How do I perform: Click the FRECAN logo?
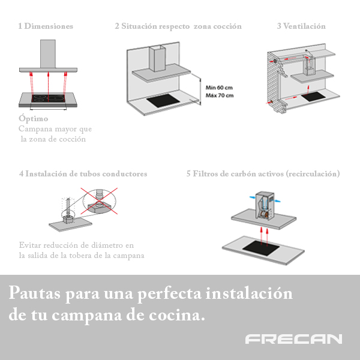(293, 339)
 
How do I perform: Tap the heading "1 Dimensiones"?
(46, 26)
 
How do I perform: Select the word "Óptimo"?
(33, 119)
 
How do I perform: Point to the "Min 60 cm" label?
(218, 88)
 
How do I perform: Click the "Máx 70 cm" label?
(218, 95)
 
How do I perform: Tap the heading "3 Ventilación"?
(301, 26)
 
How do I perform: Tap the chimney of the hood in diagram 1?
(48, 54)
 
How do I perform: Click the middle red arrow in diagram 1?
(48, 82)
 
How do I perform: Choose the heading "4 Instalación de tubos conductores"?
(83, 173)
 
